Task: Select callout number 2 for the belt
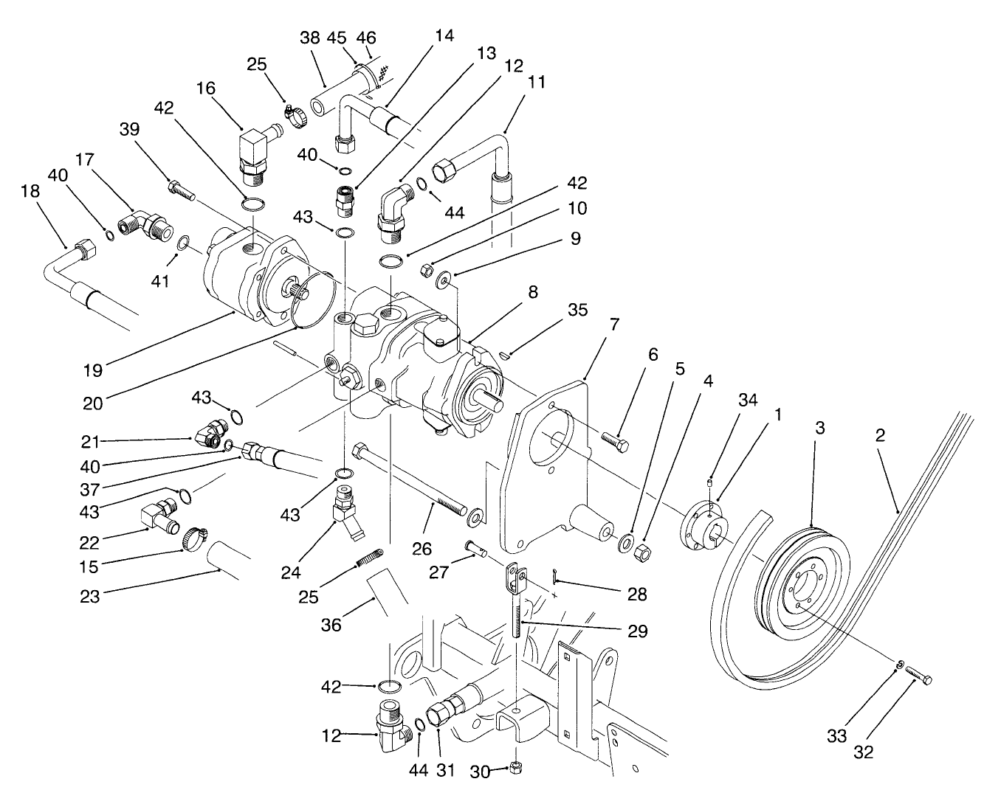(x=880, y=435)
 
